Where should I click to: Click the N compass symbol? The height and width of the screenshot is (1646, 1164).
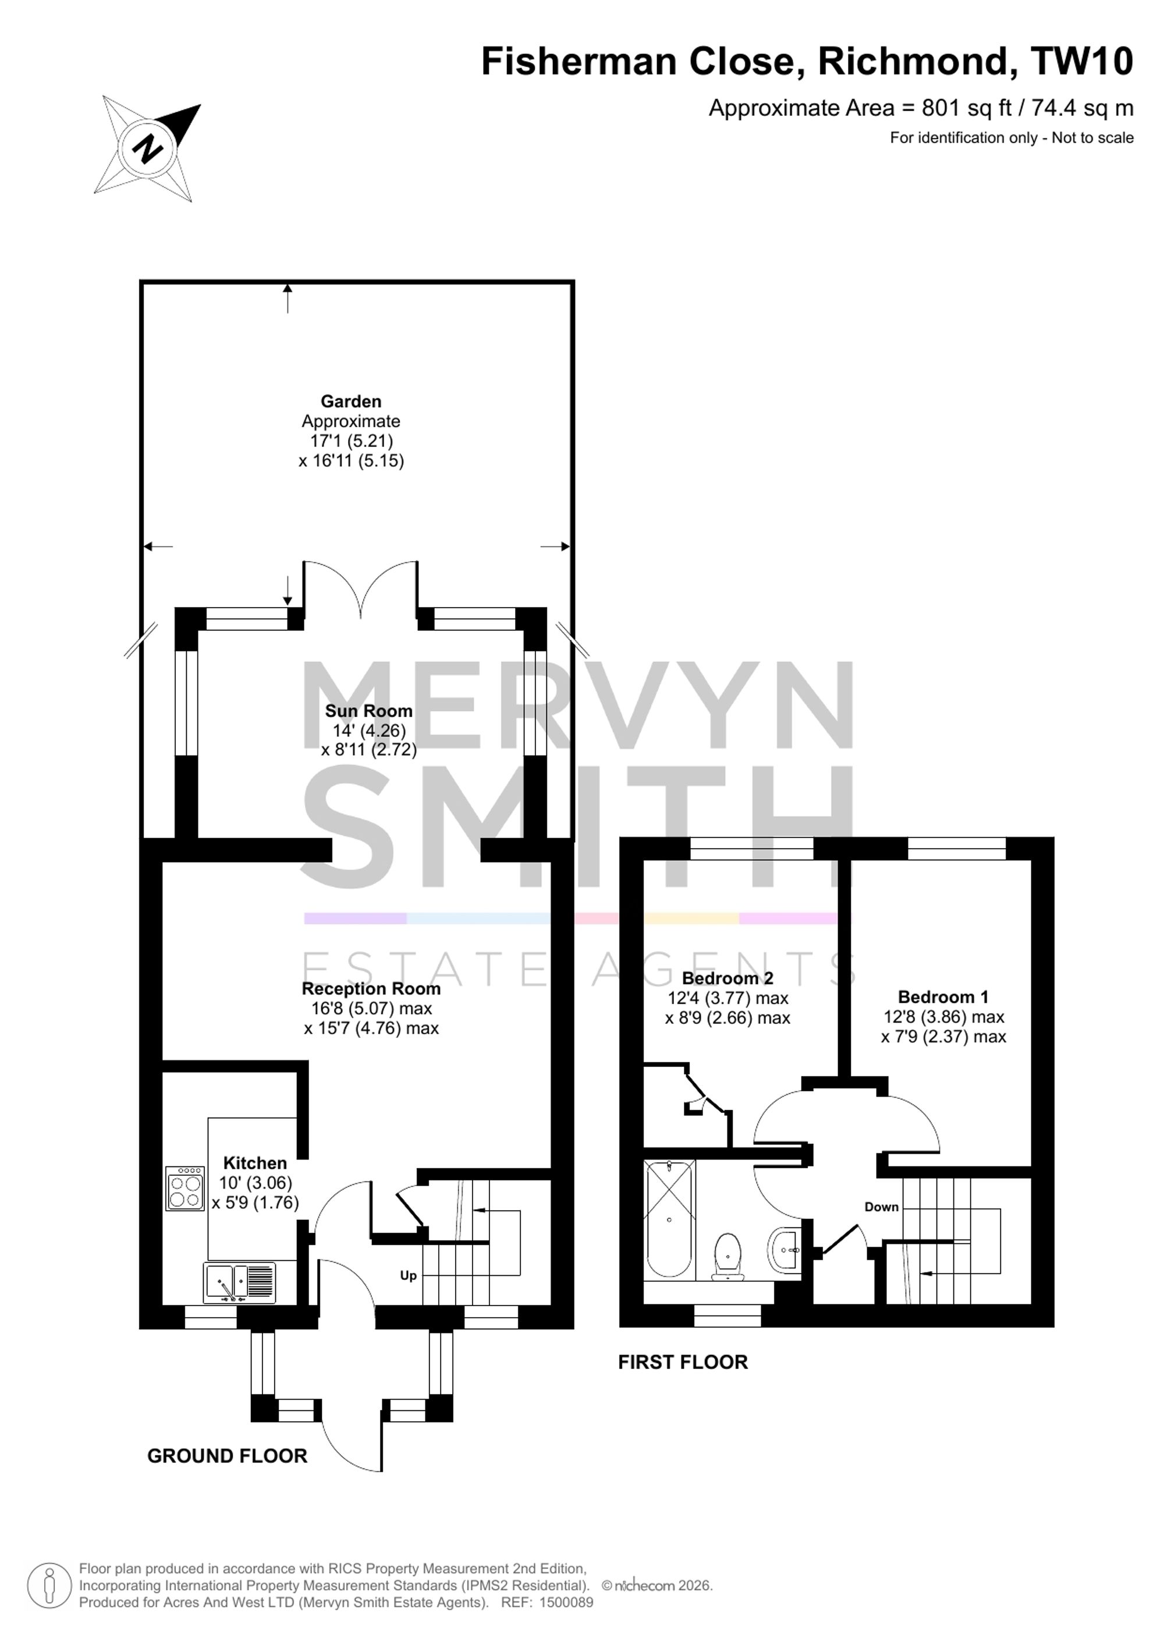[148, 148]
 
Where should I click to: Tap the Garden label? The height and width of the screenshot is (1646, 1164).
[350, 402]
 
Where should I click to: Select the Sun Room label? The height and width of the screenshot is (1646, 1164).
[368, 711]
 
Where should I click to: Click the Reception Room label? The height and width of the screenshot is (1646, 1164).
[371, 989]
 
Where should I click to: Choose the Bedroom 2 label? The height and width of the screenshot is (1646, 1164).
[727, 978]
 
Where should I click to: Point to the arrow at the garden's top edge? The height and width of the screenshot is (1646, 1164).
[288, 298]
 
